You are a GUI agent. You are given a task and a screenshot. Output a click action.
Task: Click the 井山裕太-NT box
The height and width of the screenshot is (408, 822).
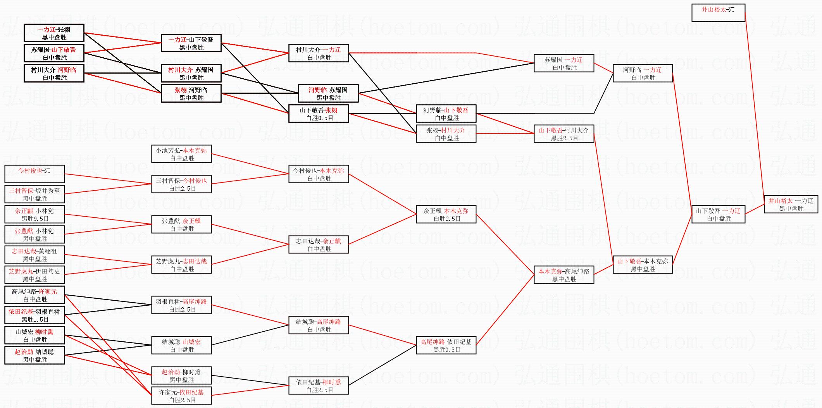(718, 13)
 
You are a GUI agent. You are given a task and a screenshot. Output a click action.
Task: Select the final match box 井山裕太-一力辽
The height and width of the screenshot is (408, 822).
(791, 204)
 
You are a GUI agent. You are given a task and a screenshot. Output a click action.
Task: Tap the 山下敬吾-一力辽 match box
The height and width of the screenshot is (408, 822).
(718, 214)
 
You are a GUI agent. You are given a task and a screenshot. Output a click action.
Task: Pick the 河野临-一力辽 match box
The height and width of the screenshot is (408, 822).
(642, 73)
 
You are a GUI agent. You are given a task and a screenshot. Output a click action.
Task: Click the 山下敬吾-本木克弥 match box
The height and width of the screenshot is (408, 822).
(642, 265)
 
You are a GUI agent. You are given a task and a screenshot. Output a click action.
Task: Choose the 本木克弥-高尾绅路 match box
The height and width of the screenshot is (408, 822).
(564, 275)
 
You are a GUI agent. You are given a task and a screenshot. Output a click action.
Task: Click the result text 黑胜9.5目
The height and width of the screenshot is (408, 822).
(35, 219)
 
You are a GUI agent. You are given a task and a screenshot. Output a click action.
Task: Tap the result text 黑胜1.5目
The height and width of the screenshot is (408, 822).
(35, 319)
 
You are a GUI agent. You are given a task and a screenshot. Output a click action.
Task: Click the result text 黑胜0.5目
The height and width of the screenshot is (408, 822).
(446, 349)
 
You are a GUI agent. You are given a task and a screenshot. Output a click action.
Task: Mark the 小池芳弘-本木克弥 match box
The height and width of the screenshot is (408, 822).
(181, 154)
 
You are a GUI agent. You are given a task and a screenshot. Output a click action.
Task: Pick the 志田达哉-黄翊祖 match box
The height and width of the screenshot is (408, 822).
(34, 255)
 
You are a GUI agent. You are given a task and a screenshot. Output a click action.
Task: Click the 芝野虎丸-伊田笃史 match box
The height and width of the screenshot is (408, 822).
(34, 275)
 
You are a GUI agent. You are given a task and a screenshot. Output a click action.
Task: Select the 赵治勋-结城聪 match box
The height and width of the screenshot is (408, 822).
(34, 355)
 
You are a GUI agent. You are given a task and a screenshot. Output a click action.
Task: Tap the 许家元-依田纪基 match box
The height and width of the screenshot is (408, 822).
(181, 396)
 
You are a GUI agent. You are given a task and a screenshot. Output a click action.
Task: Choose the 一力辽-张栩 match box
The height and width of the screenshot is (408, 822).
(54, 33)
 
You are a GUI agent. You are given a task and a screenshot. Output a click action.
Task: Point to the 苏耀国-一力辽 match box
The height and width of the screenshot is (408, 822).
(564, 63)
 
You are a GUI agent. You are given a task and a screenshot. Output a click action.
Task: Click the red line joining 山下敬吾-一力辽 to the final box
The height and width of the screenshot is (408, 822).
(754, 209)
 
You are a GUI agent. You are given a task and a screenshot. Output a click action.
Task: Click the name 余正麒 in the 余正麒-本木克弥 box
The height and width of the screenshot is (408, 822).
(433, 211)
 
